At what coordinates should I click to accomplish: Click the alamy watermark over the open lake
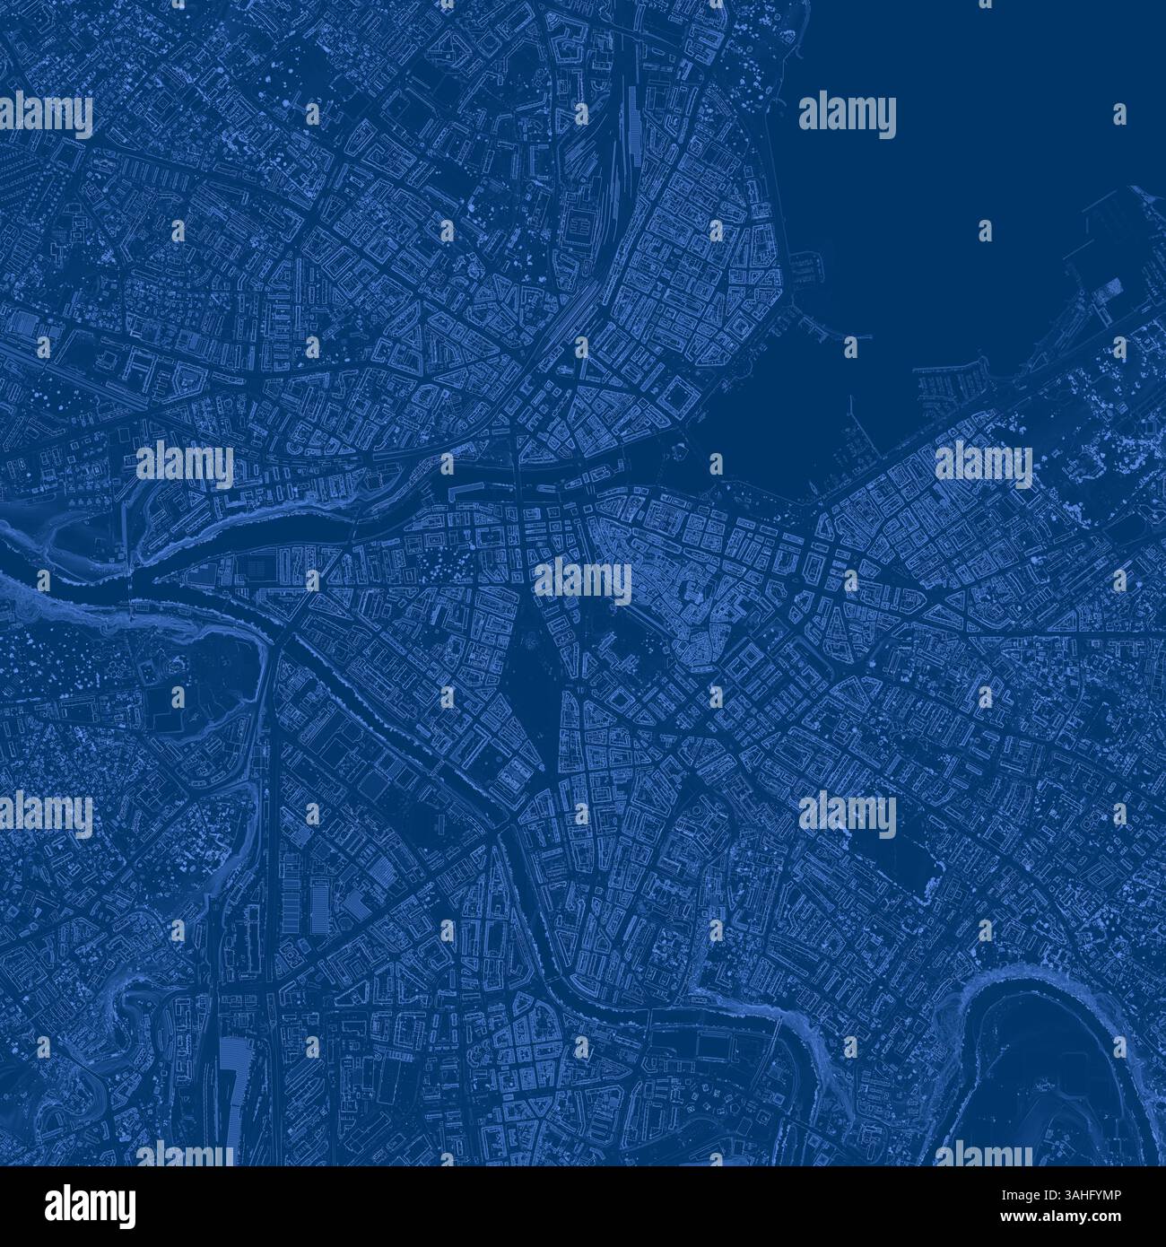847,117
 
